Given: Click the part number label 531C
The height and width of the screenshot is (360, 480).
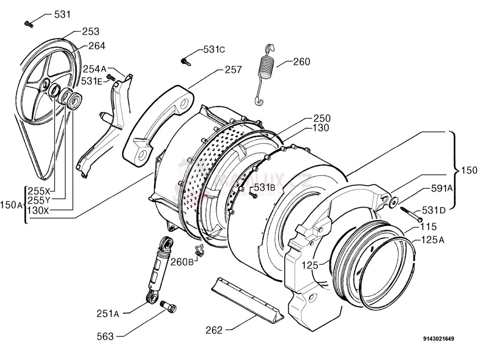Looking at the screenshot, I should pos(214,49).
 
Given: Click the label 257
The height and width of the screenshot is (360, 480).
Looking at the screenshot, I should pos(233,70).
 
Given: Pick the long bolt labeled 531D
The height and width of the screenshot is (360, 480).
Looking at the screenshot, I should pos(412,215).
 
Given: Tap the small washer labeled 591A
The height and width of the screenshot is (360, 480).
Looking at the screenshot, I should pos(393,202).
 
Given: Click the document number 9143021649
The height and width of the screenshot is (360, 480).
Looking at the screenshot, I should pos(438,338).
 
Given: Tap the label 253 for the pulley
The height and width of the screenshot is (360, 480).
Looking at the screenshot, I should pos(90,31).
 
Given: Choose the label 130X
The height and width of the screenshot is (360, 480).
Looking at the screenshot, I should pos(38,210).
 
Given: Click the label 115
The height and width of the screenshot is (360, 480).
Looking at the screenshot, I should pos(428,227).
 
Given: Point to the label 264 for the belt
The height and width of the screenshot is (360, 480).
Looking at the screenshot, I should pos(97,45).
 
